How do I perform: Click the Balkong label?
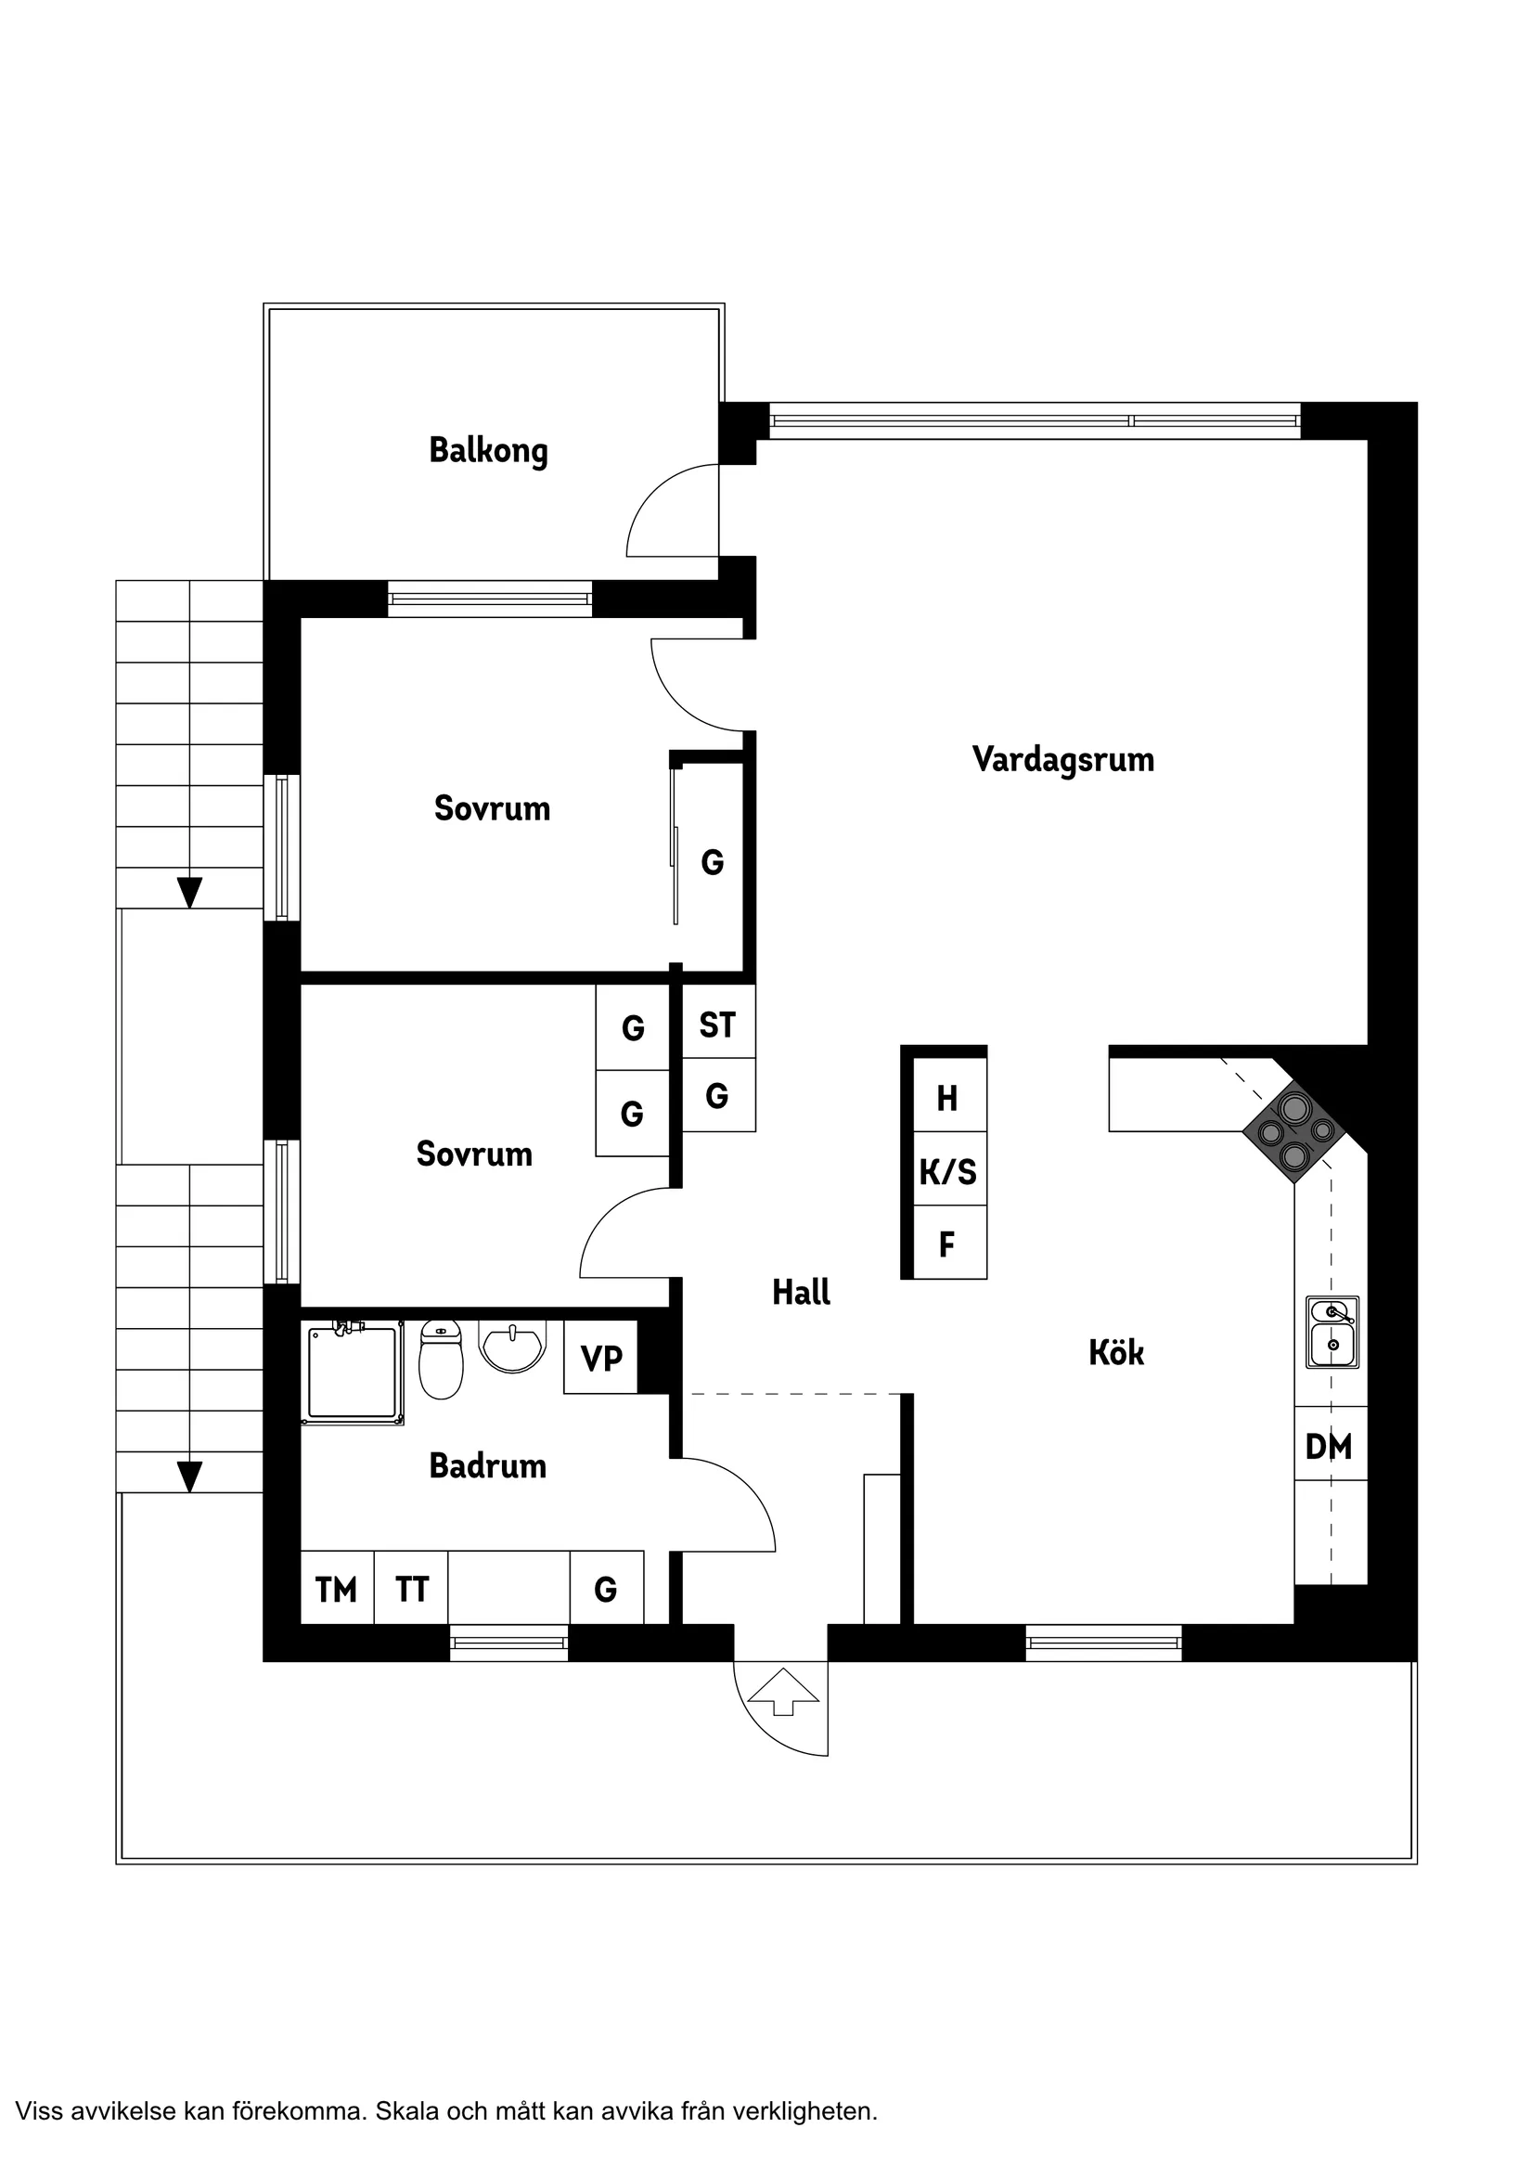click(488, 450)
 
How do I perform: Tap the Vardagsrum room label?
click(1062, 759)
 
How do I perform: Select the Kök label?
click(1116, 1353)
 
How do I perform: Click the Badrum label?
click(488, 1466)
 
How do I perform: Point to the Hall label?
click(801, 1292)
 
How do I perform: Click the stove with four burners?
click(1294, 1132)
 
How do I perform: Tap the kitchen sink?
click(1332, 1332)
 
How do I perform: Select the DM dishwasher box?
click(1329, 1446)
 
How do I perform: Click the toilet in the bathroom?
click(441, 1361)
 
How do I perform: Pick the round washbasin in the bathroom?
click(512, 1345)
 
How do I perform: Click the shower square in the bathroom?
click(351, 1373)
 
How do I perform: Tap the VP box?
click(601, 1359)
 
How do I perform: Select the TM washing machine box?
click(337, 1590)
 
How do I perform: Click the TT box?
click(411, 1590)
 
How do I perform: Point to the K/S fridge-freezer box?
click(948, 1172)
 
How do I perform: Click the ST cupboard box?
click(717, 1025)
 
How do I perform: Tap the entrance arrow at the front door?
click(782, 1694)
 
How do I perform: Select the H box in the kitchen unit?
click(948, 1097)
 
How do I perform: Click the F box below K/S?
click(948, 1244)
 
